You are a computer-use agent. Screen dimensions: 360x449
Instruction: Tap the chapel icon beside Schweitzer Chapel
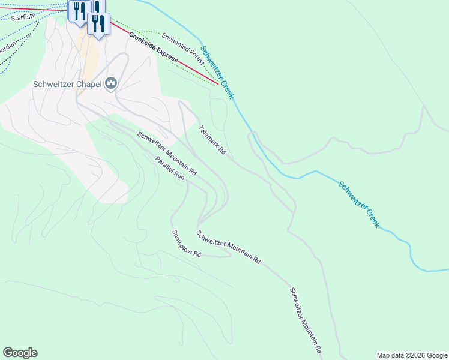click(110, 83)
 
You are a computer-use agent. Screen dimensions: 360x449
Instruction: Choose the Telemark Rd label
click(212, 140)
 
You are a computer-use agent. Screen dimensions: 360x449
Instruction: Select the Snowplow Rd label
click(185, 244)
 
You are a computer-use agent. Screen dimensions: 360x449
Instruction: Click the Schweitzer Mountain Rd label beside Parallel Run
click(167, 153)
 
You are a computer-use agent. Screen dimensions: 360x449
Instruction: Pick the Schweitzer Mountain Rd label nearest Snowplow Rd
click(229, 248)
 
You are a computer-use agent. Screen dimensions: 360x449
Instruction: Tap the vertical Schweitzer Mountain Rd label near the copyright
click(306, 320)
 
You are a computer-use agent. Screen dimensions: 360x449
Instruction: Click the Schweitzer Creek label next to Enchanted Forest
click(217, 73)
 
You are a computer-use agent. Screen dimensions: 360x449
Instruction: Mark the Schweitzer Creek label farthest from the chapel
click(359, 204)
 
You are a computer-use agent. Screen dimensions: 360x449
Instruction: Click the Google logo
click(20, 353)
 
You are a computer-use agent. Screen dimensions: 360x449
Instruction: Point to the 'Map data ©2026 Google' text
click(411, 355)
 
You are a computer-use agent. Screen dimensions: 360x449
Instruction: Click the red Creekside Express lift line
click(198, 75)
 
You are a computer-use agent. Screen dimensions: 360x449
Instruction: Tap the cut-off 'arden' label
click(7, 46)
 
